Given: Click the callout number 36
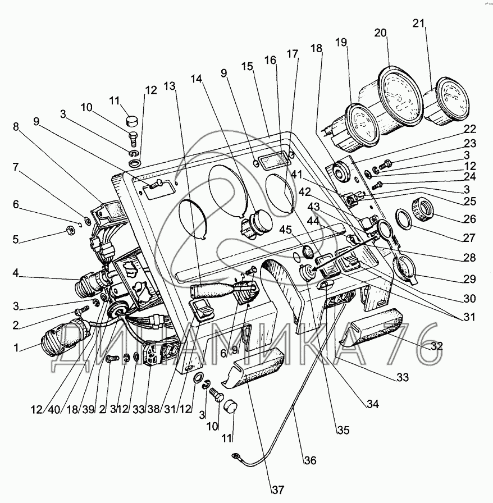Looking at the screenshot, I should point(310,461).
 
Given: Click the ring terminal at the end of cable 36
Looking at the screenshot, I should point(236,458).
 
